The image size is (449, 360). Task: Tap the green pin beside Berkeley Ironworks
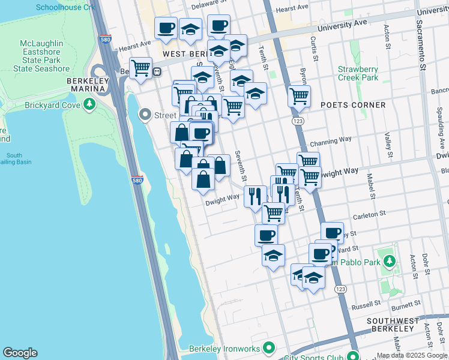269,348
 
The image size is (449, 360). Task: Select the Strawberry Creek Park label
358,73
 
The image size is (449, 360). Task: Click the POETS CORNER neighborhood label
354,105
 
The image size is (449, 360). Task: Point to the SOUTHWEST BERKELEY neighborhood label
393,325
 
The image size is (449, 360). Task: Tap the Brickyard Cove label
52,104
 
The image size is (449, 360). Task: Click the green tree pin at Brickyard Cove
89,104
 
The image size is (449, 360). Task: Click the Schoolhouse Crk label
65,7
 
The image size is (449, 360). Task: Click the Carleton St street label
370,214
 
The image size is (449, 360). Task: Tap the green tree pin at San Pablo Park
390,261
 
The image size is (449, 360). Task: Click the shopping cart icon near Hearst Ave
141,68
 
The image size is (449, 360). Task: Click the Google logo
20,353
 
